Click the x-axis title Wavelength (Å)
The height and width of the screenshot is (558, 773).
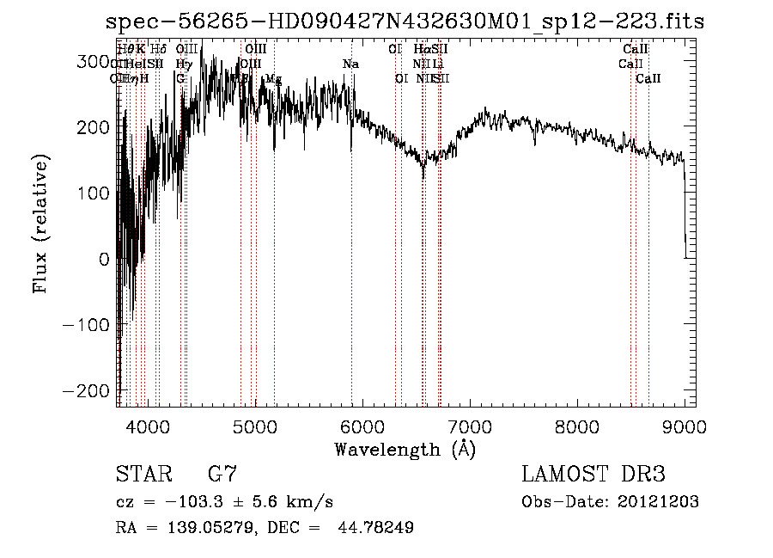pyautogui.click(x=405, y=449)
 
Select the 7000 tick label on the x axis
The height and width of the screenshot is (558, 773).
pyautogui.click(x=469, y=426)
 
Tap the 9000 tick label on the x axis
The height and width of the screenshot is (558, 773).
pyautogui.click(x=685, y=426)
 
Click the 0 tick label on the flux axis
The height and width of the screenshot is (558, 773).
pyautogui.click(x=105, y=259)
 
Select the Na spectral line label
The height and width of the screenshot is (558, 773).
pyautogui.click(x=350, y=64)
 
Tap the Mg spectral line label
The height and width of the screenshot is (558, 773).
pyautogui.click(x=273, y=79)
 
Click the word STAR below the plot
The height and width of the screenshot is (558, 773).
pyautogui.click(x=143, y=475)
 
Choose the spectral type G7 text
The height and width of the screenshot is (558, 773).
pyautogui.click(x=222, y=475)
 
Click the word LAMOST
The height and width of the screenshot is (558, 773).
pyautogui.click(x=563, y=475)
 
